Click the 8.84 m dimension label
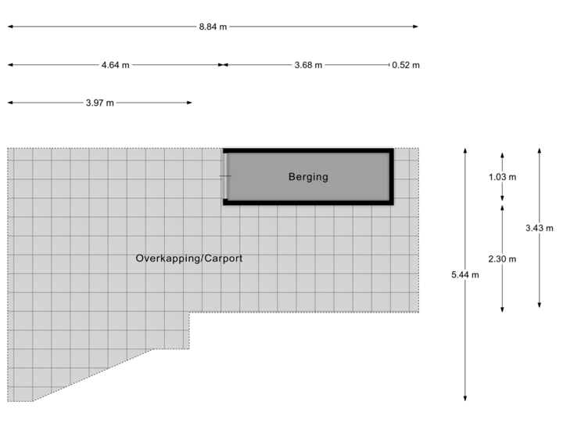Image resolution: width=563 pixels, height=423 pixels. [x=213, y=27]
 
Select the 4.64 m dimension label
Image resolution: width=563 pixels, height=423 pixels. [x=116, y=65]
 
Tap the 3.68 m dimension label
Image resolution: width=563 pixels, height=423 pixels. [x=308, y=65]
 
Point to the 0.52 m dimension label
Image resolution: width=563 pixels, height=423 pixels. [x=406, y=65]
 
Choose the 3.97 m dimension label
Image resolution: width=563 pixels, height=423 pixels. [x=99, y=103]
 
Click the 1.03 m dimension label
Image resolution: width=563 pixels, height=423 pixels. [x=502, y=177]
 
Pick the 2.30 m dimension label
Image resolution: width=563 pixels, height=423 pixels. [x=502, y=258]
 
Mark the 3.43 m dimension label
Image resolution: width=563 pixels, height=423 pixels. [x=540, y=228]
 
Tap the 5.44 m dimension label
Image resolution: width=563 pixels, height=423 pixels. [x=465, y=274]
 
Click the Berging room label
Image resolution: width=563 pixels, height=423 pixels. [x=308, y=177]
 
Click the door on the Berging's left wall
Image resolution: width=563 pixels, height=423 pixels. [x=226, y=176]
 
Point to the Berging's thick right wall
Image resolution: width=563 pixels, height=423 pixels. [x=390, y=176]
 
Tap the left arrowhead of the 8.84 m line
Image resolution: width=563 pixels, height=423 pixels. [x=9, y=27]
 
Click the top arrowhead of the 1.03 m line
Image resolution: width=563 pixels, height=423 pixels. [x=502, y=154]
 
